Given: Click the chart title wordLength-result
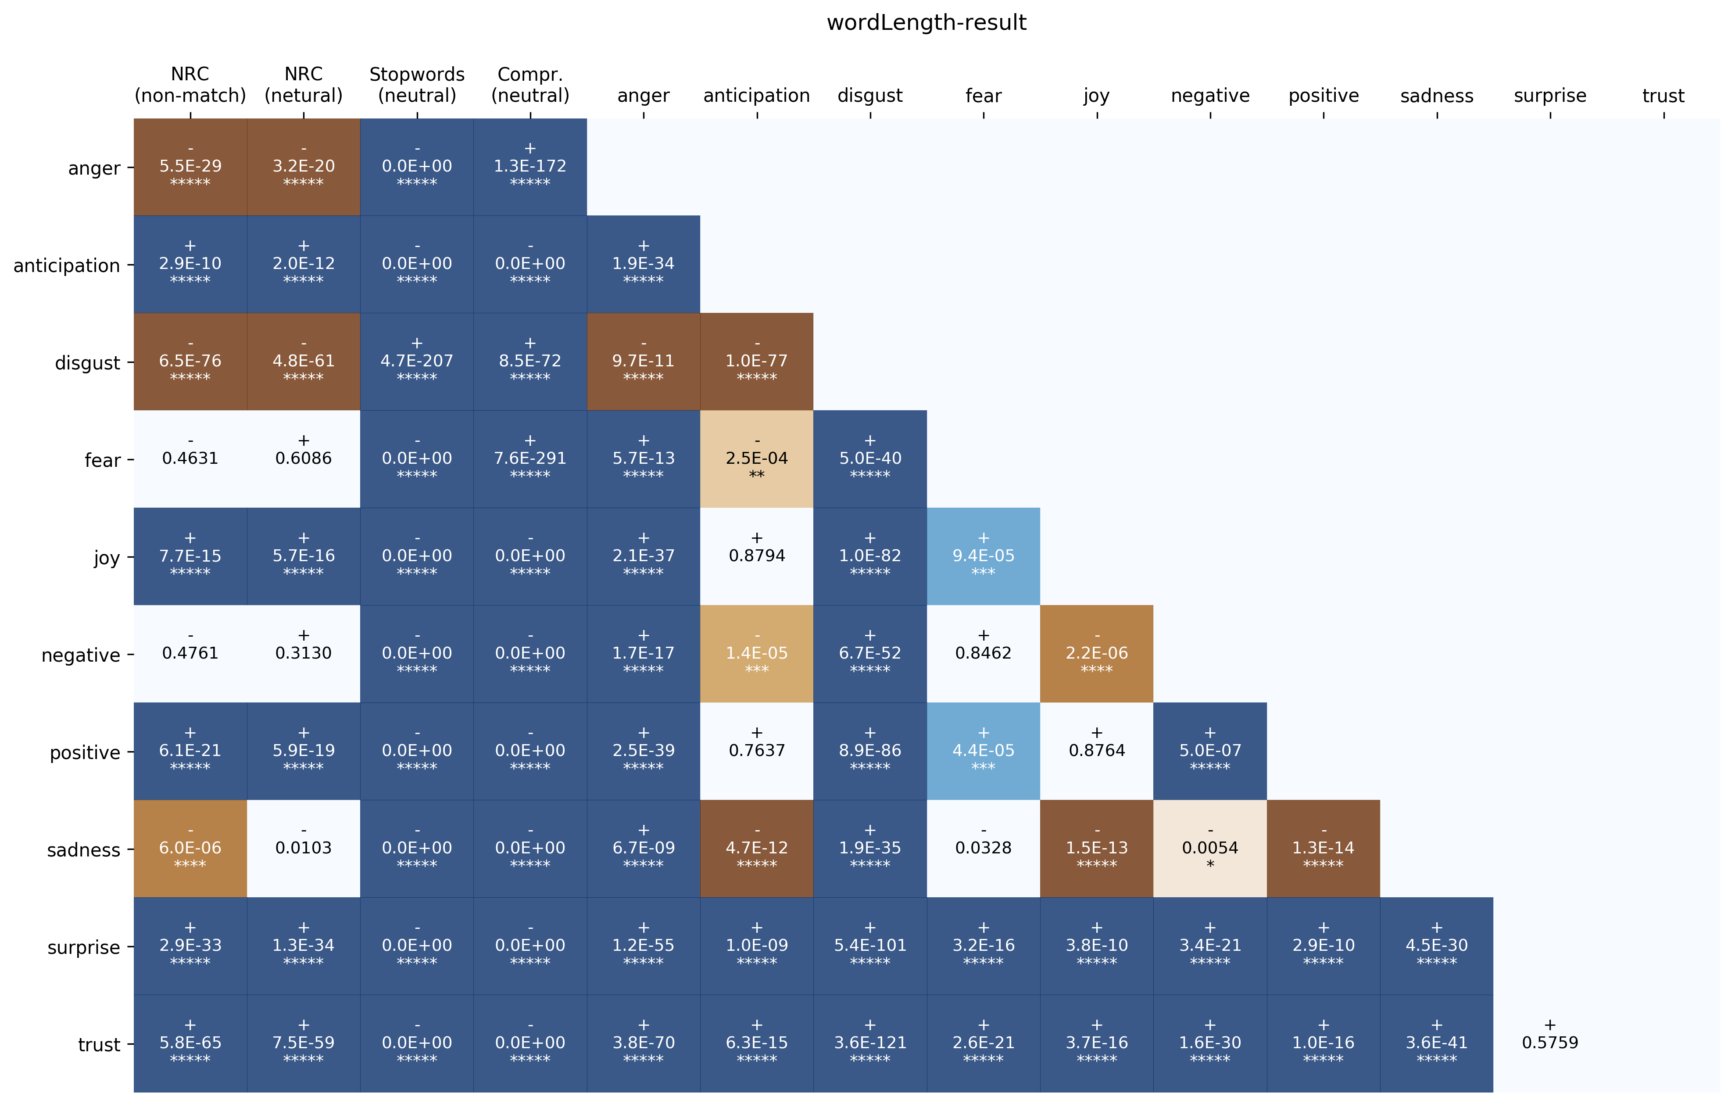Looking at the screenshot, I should (926, 23).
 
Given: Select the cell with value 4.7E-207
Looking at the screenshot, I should (416, 361).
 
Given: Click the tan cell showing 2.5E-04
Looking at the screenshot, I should (757, 459).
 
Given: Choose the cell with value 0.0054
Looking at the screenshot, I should (1210, 848).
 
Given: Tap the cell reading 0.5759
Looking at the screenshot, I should (1550, 1043).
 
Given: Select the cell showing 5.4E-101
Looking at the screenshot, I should (869, 946).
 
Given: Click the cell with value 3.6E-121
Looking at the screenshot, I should (869, 1043).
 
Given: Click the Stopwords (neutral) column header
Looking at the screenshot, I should (416, 85).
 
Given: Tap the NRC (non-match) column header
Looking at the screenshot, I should (190, 85).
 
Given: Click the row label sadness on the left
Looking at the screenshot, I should (84, 850).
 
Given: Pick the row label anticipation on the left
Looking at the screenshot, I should (66, 266).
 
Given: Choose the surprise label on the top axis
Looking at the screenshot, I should (1550, 96).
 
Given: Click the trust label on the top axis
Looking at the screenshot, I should (1663, 96).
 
